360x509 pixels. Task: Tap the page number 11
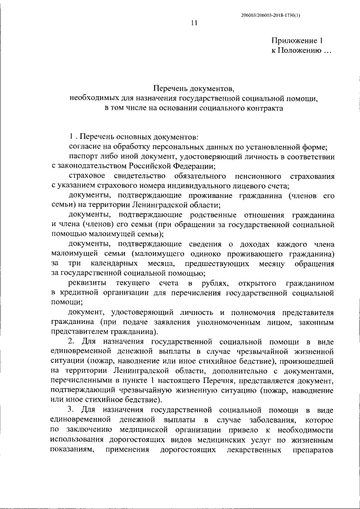(x=194, y=23)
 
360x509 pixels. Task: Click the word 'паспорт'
(x=82, y=156)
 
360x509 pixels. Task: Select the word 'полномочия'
(x=250, y=312)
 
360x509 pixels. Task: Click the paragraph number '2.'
(x=72, y=341)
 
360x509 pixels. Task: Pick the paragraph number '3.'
(x=72, y=411)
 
